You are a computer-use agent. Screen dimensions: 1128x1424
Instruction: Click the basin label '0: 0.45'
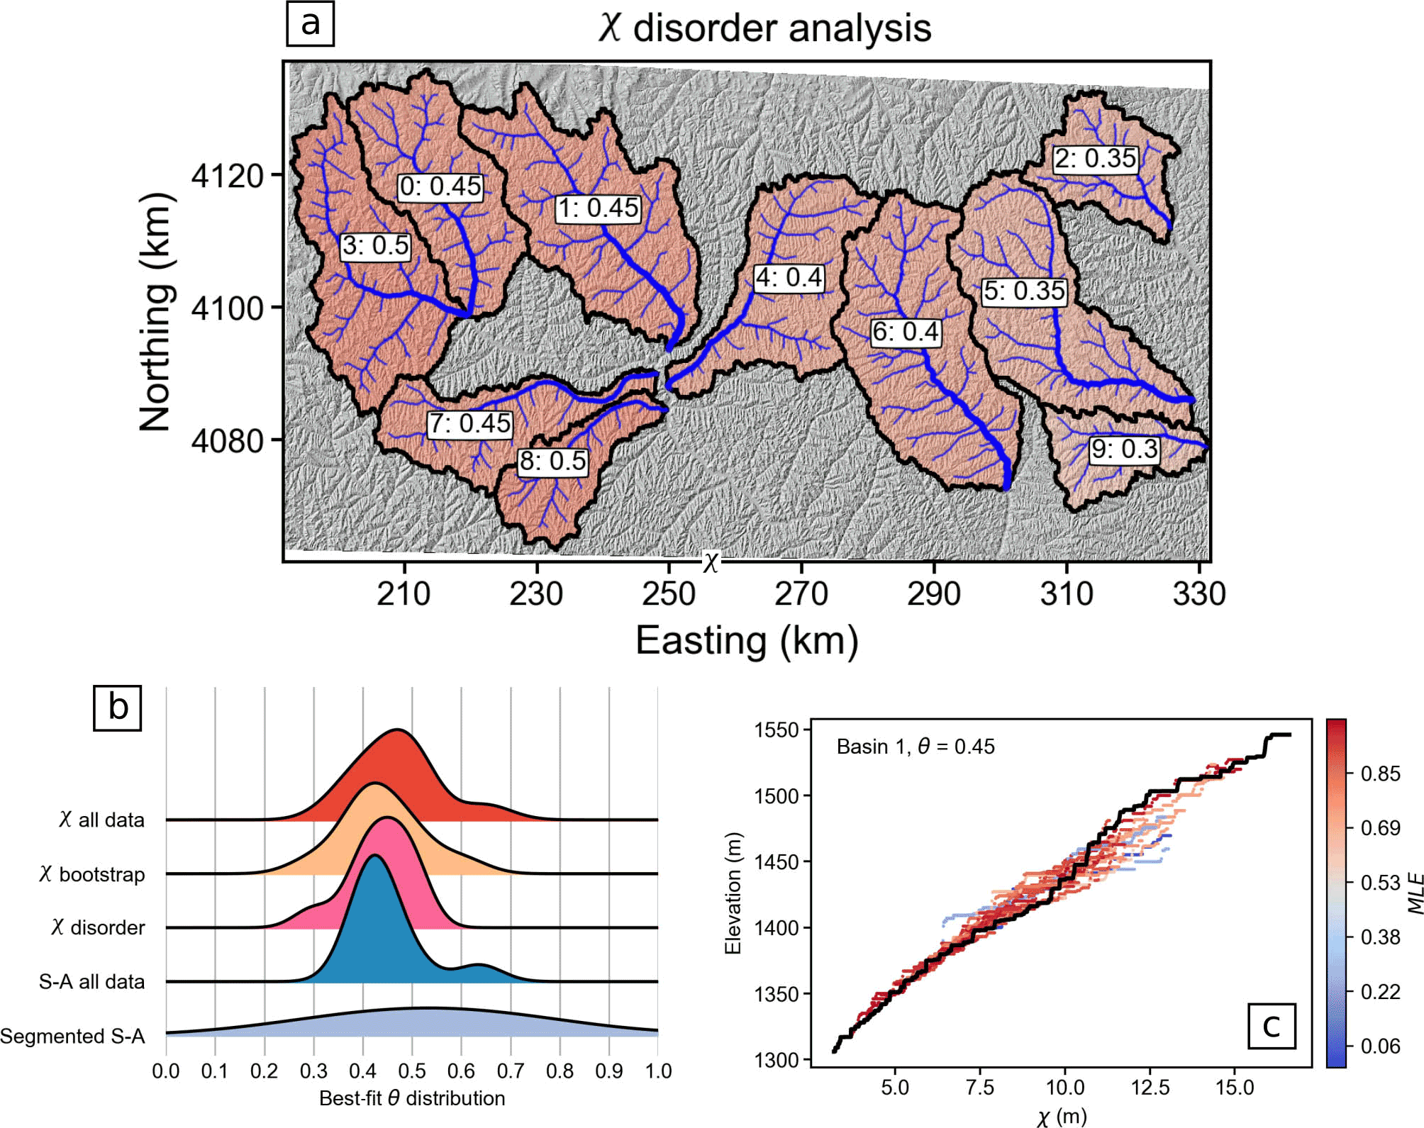click(440, 187)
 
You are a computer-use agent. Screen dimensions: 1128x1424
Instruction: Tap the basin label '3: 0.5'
click(375, 247)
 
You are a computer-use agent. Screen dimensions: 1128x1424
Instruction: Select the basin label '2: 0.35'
click(1095, 159)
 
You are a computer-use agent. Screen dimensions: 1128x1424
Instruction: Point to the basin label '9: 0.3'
click(1124, 449)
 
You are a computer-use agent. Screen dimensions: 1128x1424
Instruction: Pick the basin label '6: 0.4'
click(906, 333)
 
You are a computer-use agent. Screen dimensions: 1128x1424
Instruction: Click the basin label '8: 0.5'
click(552, 462)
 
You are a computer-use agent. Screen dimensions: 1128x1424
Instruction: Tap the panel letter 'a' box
click(310, 23)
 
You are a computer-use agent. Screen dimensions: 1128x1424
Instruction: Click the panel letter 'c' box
click(1271, 1026)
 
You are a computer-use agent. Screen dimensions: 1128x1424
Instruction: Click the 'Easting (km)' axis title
click(747, 641)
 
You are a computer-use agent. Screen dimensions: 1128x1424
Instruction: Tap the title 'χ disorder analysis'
click(764, 28)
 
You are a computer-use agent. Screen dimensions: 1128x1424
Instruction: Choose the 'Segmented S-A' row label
click(72, 1037)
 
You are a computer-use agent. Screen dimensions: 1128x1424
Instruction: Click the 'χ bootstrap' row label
click(92, 874)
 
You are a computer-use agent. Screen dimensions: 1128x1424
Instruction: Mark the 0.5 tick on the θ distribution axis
click(412, 1071)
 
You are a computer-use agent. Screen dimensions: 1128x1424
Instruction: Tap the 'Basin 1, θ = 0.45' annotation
click(915, 747)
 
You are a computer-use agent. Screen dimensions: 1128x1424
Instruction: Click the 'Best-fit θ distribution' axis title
click(412, 1099)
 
